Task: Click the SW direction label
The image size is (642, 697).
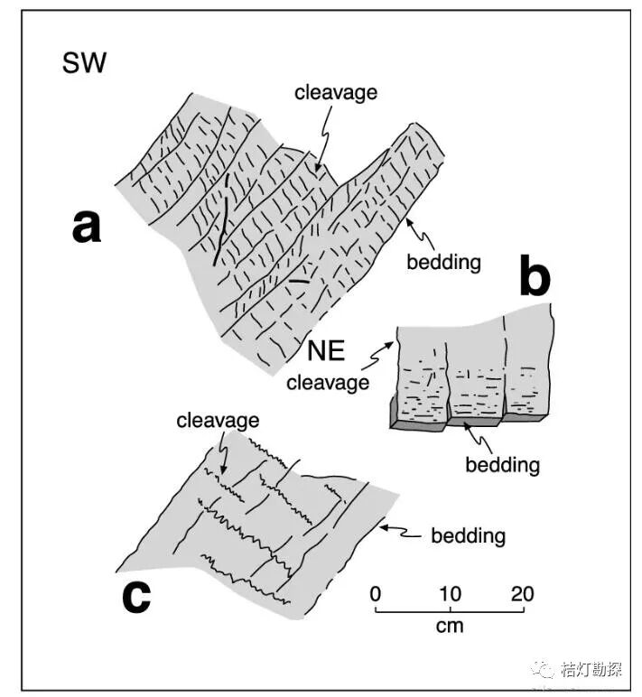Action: click(x=84, y=63)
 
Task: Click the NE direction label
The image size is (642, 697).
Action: click(x=329, y=349)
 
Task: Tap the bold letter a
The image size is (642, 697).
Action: click(x=87, y=226)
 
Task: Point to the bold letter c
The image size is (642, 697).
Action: click(x=135, y=596)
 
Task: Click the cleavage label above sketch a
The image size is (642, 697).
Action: click(x=336, y=92)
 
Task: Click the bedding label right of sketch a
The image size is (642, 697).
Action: click(x=443, y=263)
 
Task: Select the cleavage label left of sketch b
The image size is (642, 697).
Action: click(x=328, y=382)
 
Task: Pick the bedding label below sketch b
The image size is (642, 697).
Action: click(x=502, y=465)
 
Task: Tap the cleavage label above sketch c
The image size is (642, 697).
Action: click(x=218, y=420)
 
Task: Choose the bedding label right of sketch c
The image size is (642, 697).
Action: click(x=468, y=535)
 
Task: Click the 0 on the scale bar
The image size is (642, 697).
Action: click(x=376, y=594)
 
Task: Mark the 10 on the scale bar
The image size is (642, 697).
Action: click(x=450, y=594)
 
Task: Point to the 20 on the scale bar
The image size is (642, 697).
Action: click(x=522, y=594)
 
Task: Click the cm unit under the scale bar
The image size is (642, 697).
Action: click(x=450, y=625)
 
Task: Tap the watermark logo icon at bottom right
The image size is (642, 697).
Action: click(x=544, y=669)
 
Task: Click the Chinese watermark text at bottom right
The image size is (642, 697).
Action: click(x=591, y=669)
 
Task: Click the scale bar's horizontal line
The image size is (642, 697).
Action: click(x=450, y=611)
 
